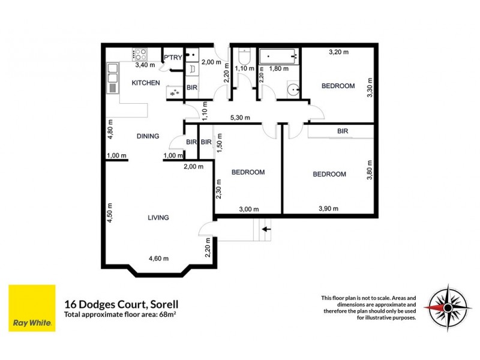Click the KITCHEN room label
click(x=146, y=83)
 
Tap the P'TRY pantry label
click(x=173, y=58)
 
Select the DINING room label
click(x=148, y=136)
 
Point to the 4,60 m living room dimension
click(x=158, y=259)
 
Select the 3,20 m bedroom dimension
click(x=339, y=53)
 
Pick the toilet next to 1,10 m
click(x=244, y=57)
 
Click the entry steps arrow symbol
click(x=266, y=229)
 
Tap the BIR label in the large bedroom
click(x=343, y=130)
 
